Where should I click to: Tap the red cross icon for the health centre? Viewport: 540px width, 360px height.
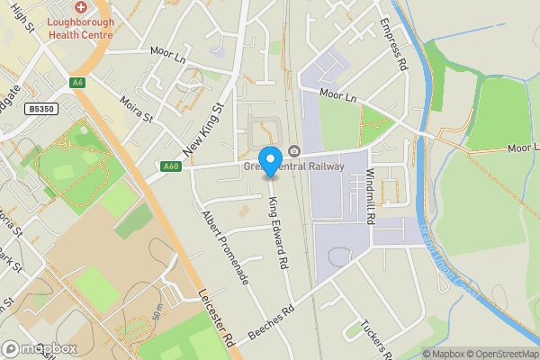tap(80, 6)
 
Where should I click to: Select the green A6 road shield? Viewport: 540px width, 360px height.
tap(78, 82)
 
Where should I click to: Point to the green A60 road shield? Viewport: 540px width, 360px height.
tap(171, 166)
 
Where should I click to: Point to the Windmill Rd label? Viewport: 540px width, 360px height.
tap(369, 184)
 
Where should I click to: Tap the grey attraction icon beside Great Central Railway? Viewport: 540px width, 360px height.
tap(294, 151)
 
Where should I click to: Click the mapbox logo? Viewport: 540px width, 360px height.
tap(40, 348)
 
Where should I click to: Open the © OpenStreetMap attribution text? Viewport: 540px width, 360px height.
tap(501, 354)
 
